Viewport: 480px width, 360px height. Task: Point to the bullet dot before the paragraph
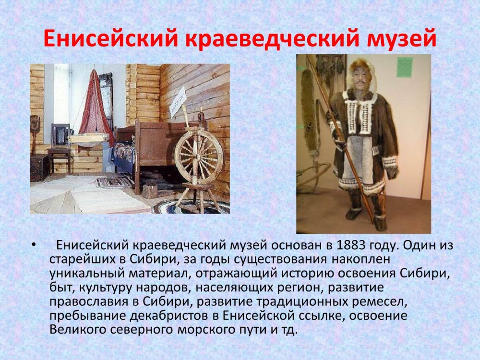33,245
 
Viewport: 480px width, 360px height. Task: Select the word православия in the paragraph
89,302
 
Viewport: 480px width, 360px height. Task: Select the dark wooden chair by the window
60,147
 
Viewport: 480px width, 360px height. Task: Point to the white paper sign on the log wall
178,101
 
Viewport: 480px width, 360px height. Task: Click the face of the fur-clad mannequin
359,81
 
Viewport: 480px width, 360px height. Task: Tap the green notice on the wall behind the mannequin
405,67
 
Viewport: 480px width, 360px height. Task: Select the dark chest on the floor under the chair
39,167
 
